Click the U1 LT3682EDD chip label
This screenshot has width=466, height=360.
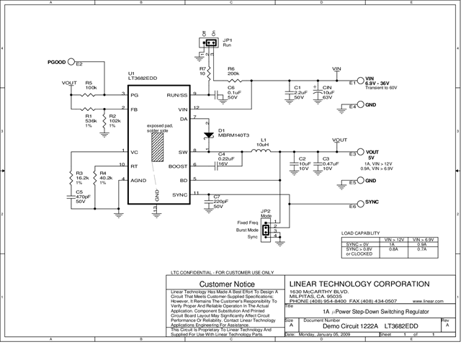tap(140, 77)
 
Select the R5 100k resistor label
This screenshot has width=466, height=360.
tap(91, 86)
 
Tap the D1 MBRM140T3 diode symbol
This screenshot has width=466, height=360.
tap(208, 135)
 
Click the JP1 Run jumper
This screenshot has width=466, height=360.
tap(210, 44)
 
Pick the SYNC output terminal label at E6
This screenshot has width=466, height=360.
tap(372, 202)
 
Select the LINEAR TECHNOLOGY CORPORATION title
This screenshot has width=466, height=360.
tap(359, 282)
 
